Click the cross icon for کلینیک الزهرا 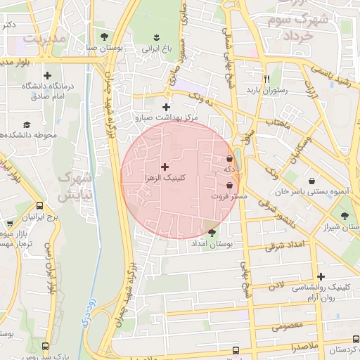[x=165, y=167]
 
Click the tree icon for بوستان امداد [x=212, y=231]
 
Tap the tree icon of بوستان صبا [x=104, y=36]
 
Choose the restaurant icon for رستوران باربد [x=266, y=79]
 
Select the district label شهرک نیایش [x=73, y=185]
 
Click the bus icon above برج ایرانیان [x=40, y=207]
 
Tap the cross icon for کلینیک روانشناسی [x=321, y=276]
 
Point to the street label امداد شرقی [x=286, y=245]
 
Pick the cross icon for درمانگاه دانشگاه [x=48, y=75]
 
